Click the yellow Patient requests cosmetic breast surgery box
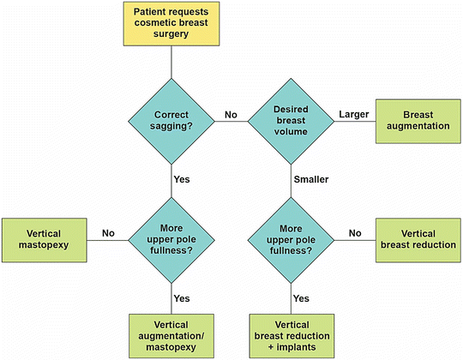[x=171, y=24]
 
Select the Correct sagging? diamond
[x=171, y=120]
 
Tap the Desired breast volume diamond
[x=292, y=120]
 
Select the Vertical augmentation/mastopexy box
[x=171, y=334]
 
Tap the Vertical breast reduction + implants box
[x=292, y=334]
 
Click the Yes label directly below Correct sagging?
[x=181, y=180]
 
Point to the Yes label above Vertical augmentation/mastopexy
[x=181, y=299]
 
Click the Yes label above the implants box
[x=301, y=299]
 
